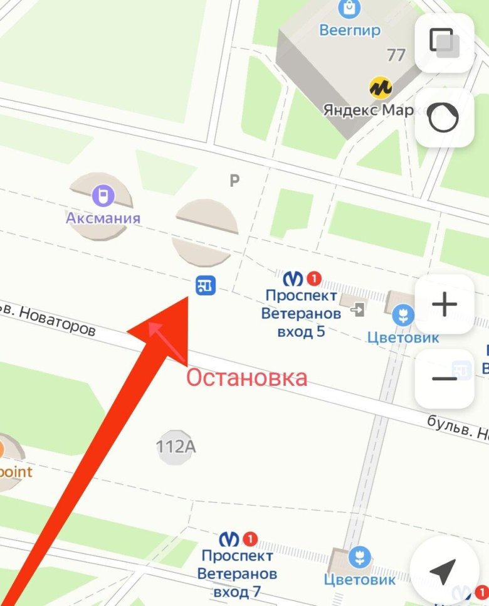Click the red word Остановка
tap(246, 378)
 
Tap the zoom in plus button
tap(444, 305)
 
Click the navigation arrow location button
tap(443, 570)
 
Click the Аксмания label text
tap(103, 218)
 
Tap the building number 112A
tap(176, 447)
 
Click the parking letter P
tap(234, 181)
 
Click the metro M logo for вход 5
tap(293, 278)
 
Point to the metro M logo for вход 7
tap(229, 538)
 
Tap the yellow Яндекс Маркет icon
tap(380, 87)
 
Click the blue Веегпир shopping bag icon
tap(349, 9)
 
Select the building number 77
tap(396, 55)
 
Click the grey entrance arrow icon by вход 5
tap(359, 309)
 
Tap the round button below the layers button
tap(444, 117)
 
